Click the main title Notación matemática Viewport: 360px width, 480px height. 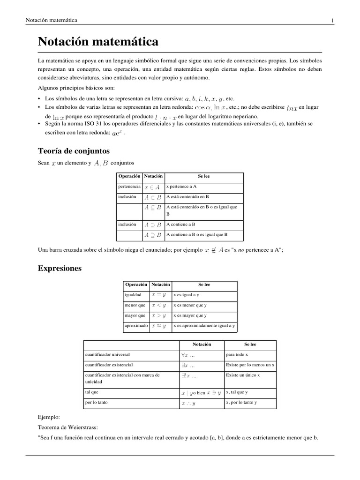coord(98,42)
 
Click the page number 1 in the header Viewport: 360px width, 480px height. coord(332,20)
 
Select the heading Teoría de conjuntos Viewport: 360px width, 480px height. coord(74,151)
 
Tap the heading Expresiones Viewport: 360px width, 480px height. coord(60,269)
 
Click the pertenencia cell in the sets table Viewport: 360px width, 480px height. coord(130,187)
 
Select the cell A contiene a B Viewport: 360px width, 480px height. coord(180,225)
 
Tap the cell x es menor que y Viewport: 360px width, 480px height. coord(190,305)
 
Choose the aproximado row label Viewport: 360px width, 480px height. coord(136,325)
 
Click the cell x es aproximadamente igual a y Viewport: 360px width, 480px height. coord(204,325)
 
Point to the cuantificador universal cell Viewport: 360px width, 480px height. coord(107,354)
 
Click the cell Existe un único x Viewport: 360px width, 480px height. coord(243,375)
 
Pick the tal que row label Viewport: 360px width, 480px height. coord(92,392)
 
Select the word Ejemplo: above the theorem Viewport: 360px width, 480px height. coord(49,416)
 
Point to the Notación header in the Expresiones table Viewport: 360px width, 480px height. coord(161,285)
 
